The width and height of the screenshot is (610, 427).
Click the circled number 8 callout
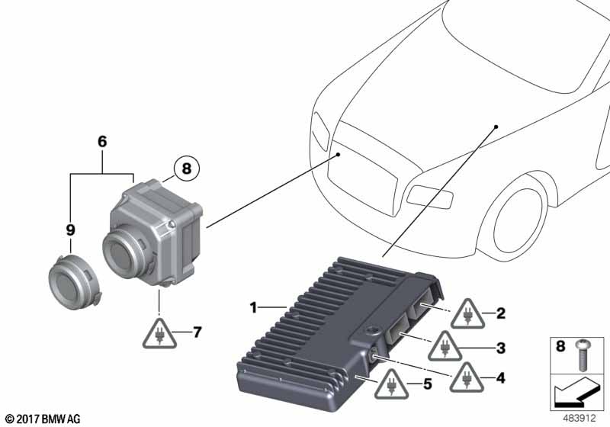pyautogui.click(x=186, y=169)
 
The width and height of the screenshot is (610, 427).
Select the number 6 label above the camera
pyautogui.click(x=102, y=142)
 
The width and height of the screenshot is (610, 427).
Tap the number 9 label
pyautogui.click(x=70, y=230)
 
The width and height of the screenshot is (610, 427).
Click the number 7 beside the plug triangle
pyautogui.click(x=197, y=332)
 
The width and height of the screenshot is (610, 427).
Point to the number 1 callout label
pyautogui.click(x=253, y=307)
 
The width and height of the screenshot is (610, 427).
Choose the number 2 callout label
pyautogui.click(x=501, y=313)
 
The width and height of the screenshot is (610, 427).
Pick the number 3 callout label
pyautogui.click(x=501, y=348)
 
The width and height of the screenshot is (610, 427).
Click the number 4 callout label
pyautogui.click(x=500, y=377)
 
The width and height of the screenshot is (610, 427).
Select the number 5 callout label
pyautogui.click(x=427, y=384)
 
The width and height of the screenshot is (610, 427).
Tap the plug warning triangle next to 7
pyautogui.click(x=159, y=335)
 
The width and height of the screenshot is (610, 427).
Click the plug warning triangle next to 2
pyautogui.click(x=467, y=315)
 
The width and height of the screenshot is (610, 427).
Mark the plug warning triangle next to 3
pyautogui.click(x=445, y=347)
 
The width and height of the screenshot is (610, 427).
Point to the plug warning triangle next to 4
pyautogui.click(x=467, y=377)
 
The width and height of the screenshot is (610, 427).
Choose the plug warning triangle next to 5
pyautogui.click(x=391, y=385)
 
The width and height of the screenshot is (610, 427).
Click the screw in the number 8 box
pyautogui.click(x=582, y=355)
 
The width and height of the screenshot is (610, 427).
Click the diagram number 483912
pyautogui.click(x=579, y=418)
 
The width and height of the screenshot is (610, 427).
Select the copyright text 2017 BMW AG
pyautogui.click(x=43, y=419)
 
